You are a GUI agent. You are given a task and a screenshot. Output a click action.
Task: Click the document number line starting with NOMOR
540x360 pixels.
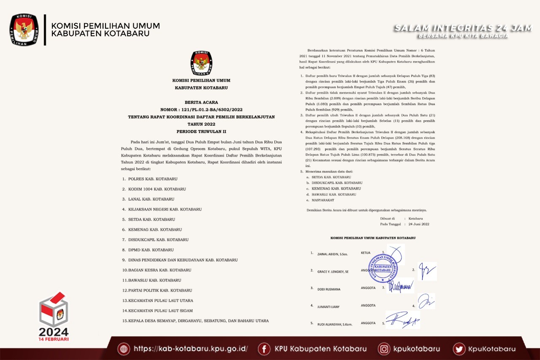(x=201, y=109)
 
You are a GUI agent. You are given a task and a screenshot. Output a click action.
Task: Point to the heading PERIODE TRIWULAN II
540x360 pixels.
(x=201, y=132)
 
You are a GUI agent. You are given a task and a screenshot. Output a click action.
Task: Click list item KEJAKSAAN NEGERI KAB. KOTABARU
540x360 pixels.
(x=162, y=209)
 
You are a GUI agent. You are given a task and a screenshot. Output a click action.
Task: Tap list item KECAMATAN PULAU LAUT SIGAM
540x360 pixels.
(x=157, y=311)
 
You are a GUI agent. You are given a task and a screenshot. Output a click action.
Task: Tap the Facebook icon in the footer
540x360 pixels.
(x=264, y=349)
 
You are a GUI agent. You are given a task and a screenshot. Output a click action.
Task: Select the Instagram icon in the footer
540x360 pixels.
(x=384, y=349)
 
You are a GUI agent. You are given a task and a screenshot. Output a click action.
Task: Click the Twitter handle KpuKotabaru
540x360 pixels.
(x=491, y=349)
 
